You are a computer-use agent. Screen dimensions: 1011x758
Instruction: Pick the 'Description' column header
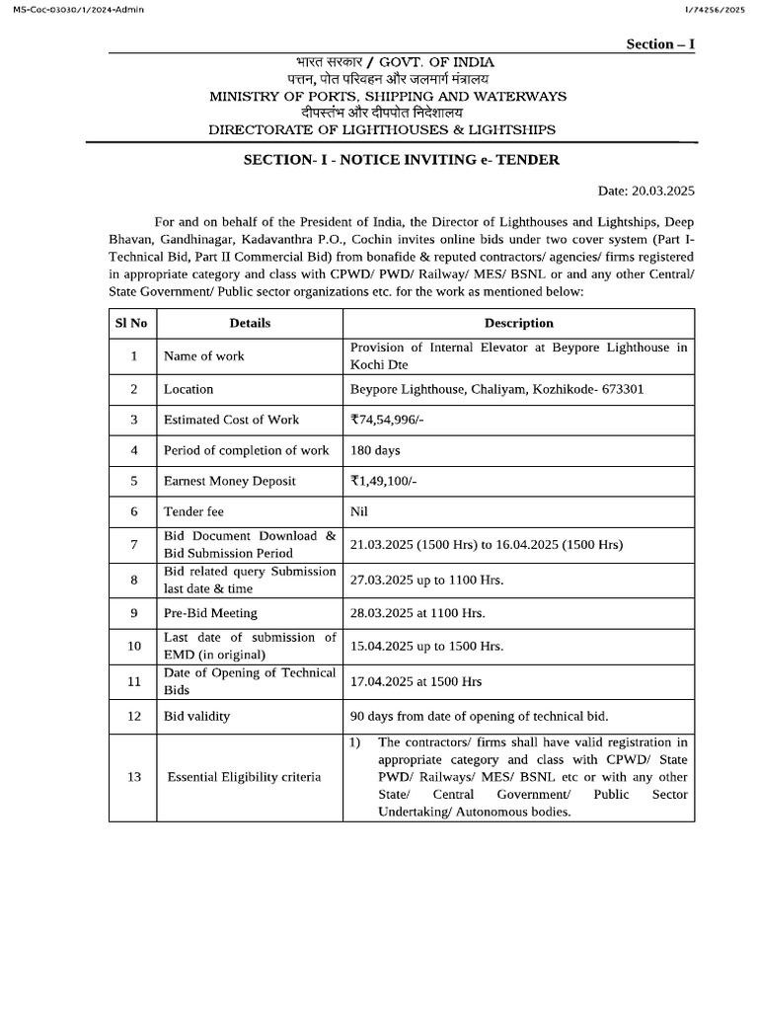coord(518,323)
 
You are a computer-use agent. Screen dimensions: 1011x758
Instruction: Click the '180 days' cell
coord(375,450)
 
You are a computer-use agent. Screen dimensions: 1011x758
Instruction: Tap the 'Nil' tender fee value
coord(359,511)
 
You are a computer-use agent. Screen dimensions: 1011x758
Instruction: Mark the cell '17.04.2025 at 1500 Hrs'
coord(416,681)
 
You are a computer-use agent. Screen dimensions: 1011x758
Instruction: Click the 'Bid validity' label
coord(196,716)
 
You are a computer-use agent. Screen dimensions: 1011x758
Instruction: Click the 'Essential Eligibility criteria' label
coord(244,777)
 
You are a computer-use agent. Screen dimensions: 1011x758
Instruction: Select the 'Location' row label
coord(189,389)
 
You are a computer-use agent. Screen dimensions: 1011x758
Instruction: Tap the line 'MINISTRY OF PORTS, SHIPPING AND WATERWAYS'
coord(388,96)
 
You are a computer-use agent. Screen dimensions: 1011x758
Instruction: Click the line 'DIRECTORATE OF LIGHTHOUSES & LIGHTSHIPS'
coord(382,130)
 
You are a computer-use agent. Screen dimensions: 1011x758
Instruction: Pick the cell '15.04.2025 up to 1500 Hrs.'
coord(426,647)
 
